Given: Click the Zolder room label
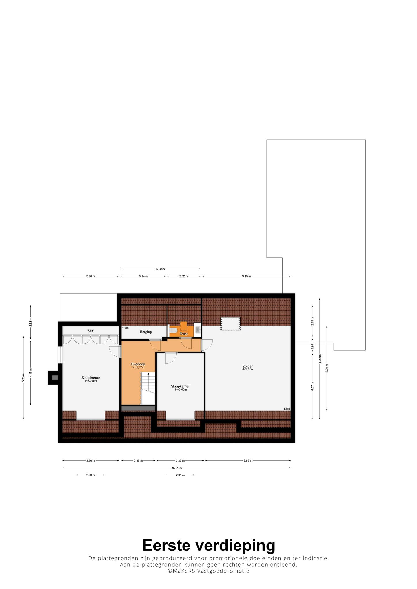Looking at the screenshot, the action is click(248, 366).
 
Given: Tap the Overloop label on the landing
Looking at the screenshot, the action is click(138, 364).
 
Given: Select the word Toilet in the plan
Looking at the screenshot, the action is click(184, 334).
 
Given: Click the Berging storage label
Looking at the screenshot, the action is click(146, 332).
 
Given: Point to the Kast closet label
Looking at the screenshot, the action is click(91, 330).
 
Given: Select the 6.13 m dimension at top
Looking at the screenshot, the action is click(247, 276).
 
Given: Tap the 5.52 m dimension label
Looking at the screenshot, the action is click(161, 269).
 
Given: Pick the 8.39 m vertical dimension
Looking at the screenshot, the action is click(320, 359).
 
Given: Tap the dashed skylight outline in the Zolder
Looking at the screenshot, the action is click(230, 324).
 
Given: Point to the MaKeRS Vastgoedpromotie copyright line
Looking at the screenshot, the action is click(208, 571).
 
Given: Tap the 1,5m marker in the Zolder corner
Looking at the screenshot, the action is click(287, 409).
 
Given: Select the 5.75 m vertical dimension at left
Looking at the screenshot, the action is click(23, 378).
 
